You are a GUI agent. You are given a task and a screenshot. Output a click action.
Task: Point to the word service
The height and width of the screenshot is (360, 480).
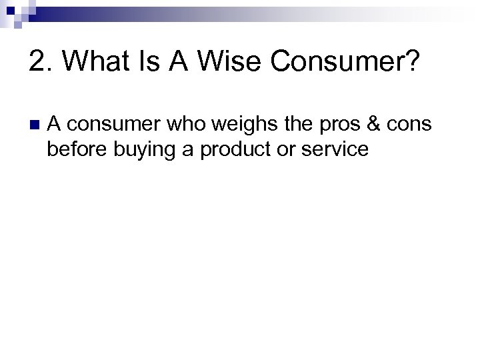333,149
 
